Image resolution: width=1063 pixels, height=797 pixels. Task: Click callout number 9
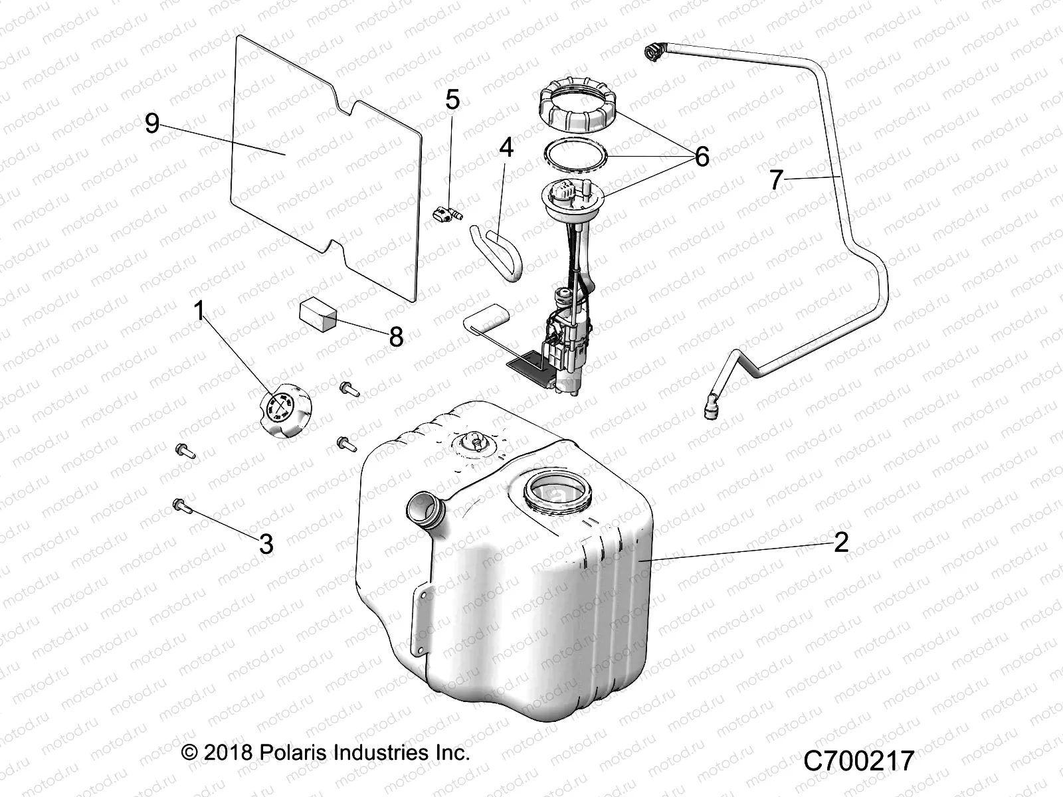tap(152, 124)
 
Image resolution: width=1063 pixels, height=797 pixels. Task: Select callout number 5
tap(452, 101)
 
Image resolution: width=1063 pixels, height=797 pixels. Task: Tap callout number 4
tap(506, 147)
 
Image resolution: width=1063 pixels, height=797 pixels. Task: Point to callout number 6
tap(702, 157)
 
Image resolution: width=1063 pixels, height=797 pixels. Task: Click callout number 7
tap(776, 180)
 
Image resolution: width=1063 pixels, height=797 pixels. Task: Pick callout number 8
tap(396, 337)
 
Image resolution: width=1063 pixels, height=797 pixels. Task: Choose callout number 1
tap(199, 311)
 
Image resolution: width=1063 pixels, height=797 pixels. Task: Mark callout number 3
tap(266, 545)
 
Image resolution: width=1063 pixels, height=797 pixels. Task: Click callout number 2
tap(841, 543)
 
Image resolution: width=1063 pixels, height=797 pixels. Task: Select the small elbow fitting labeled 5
tap(445, 214)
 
